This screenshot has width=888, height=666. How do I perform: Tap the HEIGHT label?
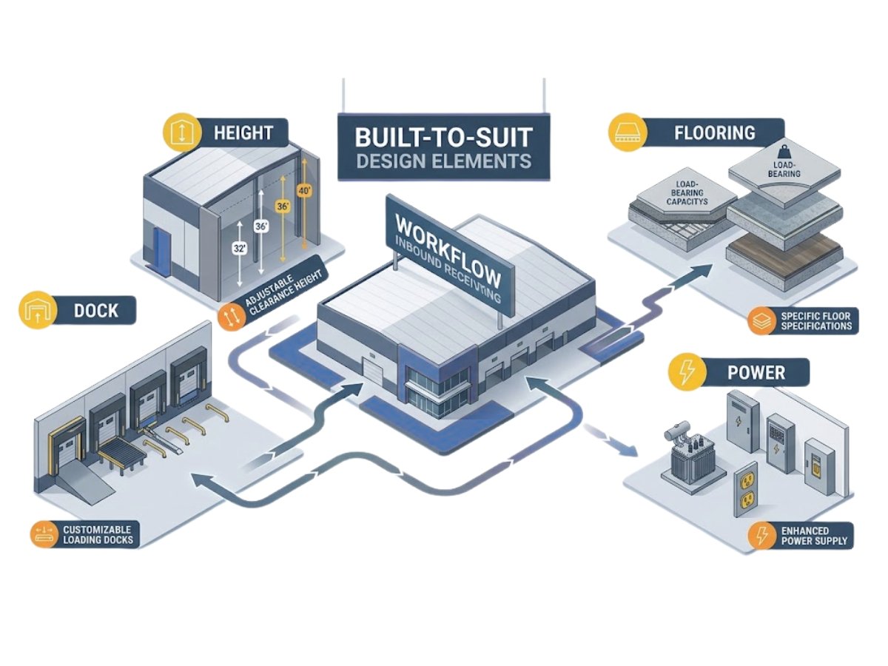243,133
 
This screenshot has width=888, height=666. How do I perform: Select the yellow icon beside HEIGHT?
181,133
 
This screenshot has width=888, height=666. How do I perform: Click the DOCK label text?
95,310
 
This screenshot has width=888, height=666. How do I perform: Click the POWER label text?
756,371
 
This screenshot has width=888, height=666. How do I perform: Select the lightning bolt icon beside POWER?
685,371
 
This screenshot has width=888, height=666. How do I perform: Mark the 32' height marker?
239,249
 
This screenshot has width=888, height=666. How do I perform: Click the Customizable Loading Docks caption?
98,534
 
